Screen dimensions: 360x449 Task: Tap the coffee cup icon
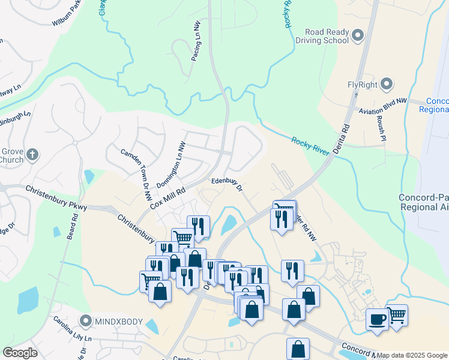377,319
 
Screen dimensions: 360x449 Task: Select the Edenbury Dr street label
226,184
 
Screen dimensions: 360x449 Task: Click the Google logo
20,353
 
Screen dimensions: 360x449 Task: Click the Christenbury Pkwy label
57,197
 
